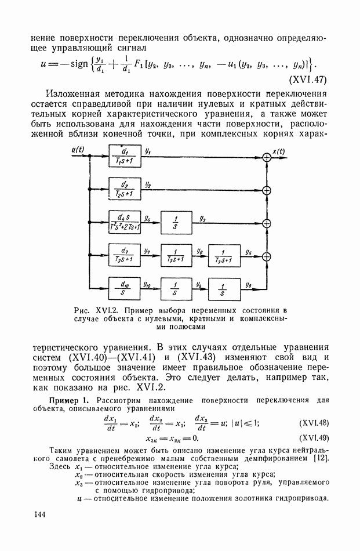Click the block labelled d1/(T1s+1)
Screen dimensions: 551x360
(x=124, y=157)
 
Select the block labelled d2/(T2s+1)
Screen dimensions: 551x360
(x=124, y=190)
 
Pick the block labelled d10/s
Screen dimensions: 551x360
(x=124, y=287)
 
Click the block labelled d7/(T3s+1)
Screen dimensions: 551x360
(x=124, y=255)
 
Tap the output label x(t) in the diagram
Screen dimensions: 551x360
(x=279, y=152)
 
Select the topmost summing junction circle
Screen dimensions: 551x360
(x=267, y=157)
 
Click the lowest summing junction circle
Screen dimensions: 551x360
(x=267, y=255)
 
